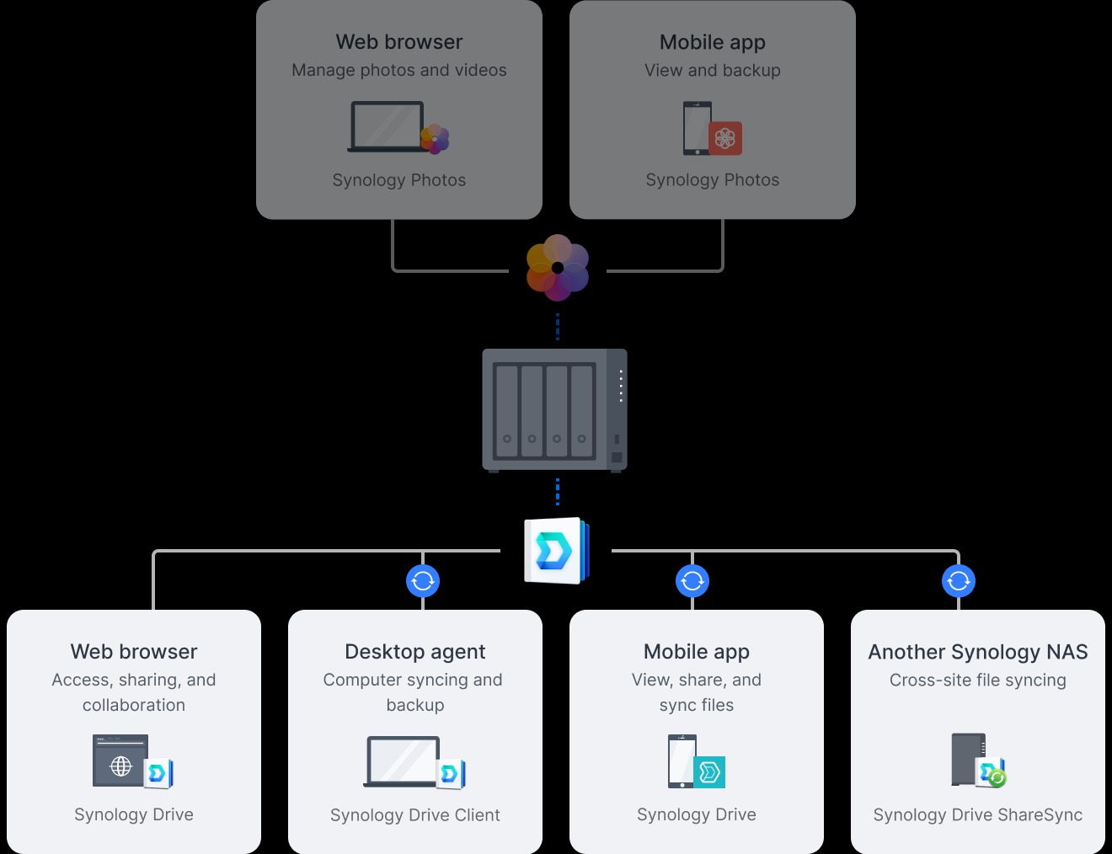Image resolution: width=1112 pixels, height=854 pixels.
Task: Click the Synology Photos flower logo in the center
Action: (x=557, y=268)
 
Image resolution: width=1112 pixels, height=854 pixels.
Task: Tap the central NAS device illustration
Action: (x=554, y=409)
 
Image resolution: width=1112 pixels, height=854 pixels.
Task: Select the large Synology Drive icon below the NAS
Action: (x=556, y=551)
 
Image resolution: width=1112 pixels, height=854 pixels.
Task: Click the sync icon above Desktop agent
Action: (x=423, y=580)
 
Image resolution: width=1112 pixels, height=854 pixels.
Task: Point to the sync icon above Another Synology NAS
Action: (x=959, y=580)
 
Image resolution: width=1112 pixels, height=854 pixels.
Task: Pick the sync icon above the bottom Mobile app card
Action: (x=692, y=580)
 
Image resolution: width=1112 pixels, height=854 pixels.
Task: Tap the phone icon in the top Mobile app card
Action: (x=698, y=128)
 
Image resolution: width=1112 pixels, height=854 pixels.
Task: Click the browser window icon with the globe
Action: (x=120, y=761)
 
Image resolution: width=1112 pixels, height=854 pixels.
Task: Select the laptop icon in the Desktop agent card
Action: (x=403, y=761)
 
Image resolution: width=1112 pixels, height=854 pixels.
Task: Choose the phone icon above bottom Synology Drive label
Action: (x=682, y=761)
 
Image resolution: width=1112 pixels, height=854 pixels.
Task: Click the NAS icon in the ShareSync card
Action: (x=969, y=759)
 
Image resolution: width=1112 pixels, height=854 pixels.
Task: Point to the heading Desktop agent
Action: (x=415, y=652)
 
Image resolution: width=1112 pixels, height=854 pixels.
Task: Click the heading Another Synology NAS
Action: (x=978, y=652)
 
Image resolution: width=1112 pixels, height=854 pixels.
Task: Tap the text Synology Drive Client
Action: (x=415, y=815)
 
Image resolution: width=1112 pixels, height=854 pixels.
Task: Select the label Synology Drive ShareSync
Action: (x=978, y=815)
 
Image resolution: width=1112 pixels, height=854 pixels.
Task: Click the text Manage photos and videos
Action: (x=399, y=71)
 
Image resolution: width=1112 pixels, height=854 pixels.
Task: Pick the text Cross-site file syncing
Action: (x=978, y=681)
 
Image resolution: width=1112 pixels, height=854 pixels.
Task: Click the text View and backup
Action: (x=713, y=71)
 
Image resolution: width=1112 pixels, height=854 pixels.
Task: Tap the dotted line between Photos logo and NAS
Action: (x=558, y=327)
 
